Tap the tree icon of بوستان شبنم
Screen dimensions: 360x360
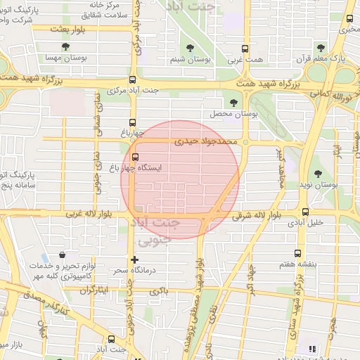191,47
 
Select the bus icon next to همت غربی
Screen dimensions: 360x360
245,49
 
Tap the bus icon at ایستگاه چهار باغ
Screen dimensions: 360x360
135,156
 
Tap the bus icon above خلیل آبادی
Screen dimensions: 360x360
305,212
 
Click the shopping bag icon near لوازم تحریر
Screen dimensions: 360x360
63,255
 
